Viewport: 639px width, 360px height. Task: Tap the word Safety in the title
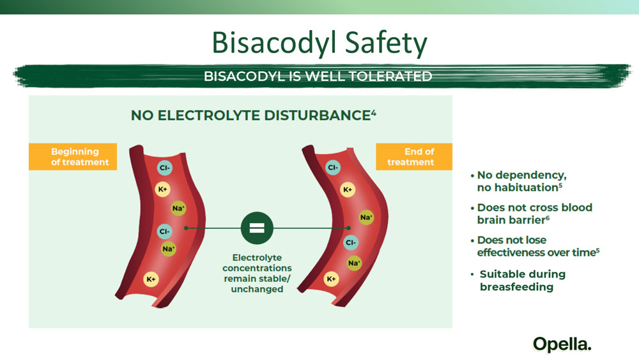386,43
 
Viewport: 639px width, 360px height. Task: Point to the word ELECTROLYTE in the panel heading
209,115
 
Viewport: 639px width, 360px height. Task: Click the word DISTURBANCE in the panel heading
317,115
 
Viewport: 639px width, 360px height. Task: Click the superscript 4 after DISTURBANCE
373,113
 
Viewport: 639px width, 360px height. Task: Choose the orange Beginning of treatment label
73,157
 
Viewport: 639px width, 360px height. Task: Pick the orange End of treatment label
414,157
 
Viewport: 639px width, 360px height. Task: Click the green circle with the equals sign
257,228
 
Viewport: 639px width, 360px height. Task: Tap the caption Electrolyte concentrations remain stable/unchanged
257,273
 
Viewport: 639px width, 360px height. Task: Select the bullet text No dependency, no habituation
521,181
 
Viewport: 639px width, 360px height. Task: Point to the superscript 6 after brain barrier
548,217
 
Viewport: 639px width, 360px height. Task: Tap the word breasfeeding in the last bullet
516,286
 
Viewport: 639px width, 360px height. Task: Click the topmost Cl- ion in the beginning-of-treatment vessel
165,168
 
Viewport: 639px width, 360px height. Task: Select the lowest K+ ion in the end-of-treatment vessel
331,279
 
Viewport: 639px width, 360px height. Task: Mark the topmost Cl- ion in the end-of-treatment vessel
333,167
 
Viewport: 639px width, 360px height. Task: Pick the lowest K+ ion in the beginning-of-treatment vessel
151,279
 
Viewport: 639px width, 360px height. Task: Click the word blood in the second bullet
576,207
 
